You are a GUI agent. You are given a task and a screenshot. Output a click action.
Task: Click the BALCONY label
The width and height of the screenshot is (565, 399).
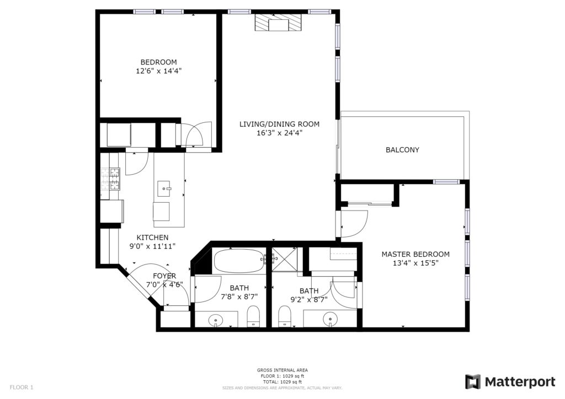[x=402, y=150]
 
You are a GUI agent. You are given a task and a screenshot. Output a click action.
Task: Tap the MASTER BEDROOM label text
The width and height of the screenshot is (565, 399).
[x=415, y=255]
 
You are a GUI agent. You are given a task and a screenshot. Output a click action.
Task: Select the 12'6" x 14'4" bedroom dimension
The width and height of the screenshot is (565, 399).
[x=158, y=71]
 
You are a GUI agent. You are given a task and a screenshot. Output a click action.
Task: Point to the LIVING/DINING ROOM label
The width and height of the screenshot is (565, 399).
[x=279, y=124]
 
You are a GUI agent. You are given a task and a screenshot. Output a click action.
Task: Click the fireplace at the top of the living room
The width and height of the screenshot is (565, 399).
[x=278, y=23]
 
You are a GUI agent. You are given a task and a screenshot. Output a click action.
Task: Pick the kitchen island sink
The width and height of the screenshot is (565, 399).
[x=164, y=189]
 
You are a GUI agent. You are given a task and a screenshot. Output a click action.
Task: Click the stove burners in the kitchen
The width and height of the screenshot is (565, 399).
[x=110, y=179]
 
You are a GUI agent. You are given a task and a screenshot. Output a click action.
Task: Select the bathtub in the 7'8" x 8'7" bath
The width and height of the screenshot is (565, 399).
[x=239, y=261]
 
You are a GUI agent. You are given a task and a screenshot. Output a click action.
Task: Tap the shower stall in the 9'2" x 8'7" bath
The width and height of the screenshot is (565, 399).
[x=284, y=260]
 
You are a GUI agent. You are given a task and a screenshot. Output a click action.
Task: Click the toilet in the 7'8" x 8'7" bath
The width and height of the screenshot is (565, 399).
[x=253, y=316]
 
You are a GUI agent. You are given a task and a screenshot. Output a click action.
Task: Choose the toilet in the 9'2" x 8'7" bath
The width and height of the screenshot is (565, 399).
[x=285, y=316]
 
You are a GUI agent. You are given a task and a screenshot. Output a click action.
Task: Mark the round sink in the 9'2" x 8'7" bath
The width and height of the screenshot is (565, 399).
[x=330, y=319]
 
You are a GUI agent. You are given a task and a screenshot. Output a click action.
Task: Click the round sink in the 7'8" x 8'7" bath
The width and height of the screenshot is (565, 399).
[x=216, y=319]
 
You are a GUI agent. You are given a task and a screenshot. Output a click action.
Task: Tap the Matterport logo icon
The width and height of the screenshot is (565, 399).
[x=472, y=382]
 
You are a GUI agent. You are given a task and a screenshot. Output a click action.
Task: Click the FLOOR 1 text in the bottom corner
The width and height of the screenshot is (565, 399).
[x=22, y=387]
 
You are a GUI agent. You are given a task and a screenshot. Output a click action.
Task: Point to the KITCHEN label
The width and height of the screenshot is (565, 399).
[x=152, y=238]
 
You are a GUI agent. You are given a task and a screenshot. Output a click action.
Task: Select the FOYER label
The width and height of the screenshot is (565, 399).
[x=164, y=276]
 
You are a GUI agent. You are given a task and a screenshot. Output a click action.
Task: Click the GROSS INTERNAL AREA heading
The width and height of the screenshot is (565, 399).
[x=282, y=370]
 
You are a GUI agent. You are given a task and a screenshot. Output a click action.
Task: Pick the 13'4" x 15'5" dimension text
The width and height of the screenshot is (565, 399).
[x=415, y=263]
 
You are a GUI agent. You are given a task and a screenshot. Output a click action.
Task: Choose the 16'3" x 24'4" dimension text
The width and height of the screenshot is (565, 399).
[x=279, y=133]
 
